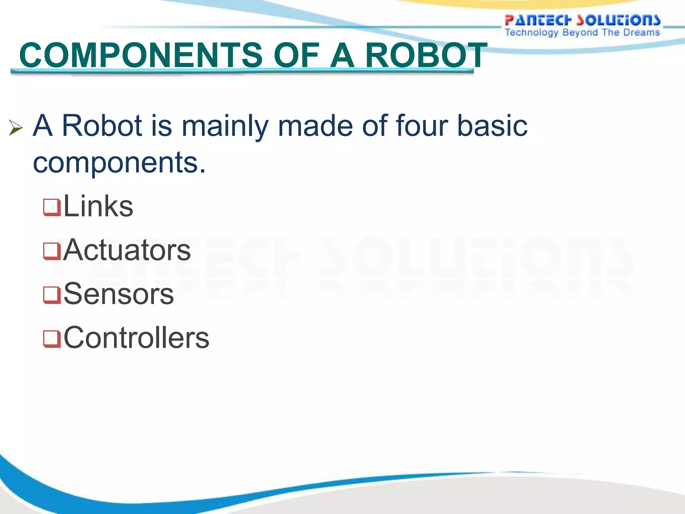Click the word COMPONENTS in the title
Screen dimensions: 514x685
pyautogui.click(x=141, y=55)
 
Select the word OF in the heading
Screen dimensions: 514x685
pyautogui.click(x=296, y=55)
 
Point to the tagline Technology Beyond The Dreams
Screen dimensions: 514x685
pyautogui.click(x=582, y=32)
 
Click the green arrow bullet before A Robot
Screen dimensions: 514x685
pyautogui.click(x=15, y=128)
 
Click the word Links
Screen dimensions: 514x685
pyautogui.click(x=98, y=206)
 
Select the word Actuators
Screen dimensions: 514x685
pyautogui.click(x=127, y=250)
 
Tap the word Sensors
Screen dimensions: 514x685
pyautogui.click(x=119, y=294)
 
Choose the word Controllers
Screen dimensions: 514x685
pyautogui.click(x=136, y=338)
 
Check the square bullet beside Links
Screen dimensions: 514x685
pyautogui.click(x=52, y=207)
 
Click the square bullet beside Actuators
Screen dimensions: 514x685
pyautogui.click(x=52, y=251)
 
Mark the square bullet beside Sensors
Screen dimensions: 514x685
pyautogui.click(x=52, y=295)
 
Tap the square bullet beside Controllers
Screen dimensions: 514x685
pyautogui.click(x=52, y=339)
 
